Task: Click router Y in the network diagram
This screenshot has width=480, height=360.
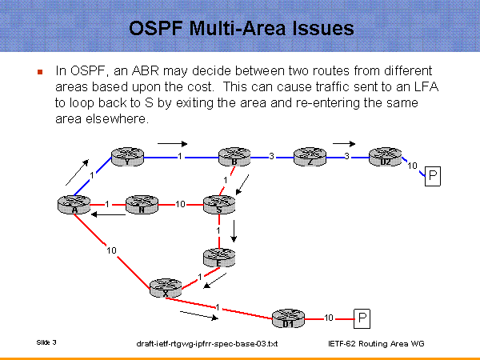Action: tap(126, 157)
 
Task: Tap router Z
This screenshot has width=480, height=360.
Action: tap(309, 157)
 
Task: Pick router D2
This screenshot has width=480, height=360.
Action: tap(385, 157)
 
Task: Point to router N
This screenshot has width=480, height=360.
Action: tap(142, 205)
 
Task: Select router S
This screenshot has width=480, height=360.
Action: tap(218, 204)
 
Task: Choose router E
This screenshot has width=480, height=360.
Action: tap(218, 258)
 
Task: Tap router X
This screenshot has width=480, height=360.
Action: tap(166, 289)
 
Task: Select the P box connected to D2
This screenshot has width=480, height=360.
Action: tap(432, 175)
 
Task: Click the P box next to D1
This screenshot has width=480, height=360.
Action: tap(363, 318)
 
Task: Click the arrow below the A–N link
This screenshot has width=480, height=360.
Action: tap(107, 214)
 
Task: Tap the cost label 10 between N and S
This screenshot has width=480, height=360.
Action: tap(180, 204)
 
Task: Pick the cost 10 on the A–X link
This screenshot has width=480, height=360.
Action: tap(113, 250)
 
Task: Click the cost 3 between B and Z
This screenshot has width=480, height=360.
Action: tap(272, 156)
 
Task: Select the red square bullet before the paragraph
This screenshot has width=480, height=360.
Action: tap(39, 71)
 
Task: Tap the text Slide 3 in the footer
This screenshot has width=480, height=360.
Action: tap(46, 342)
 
